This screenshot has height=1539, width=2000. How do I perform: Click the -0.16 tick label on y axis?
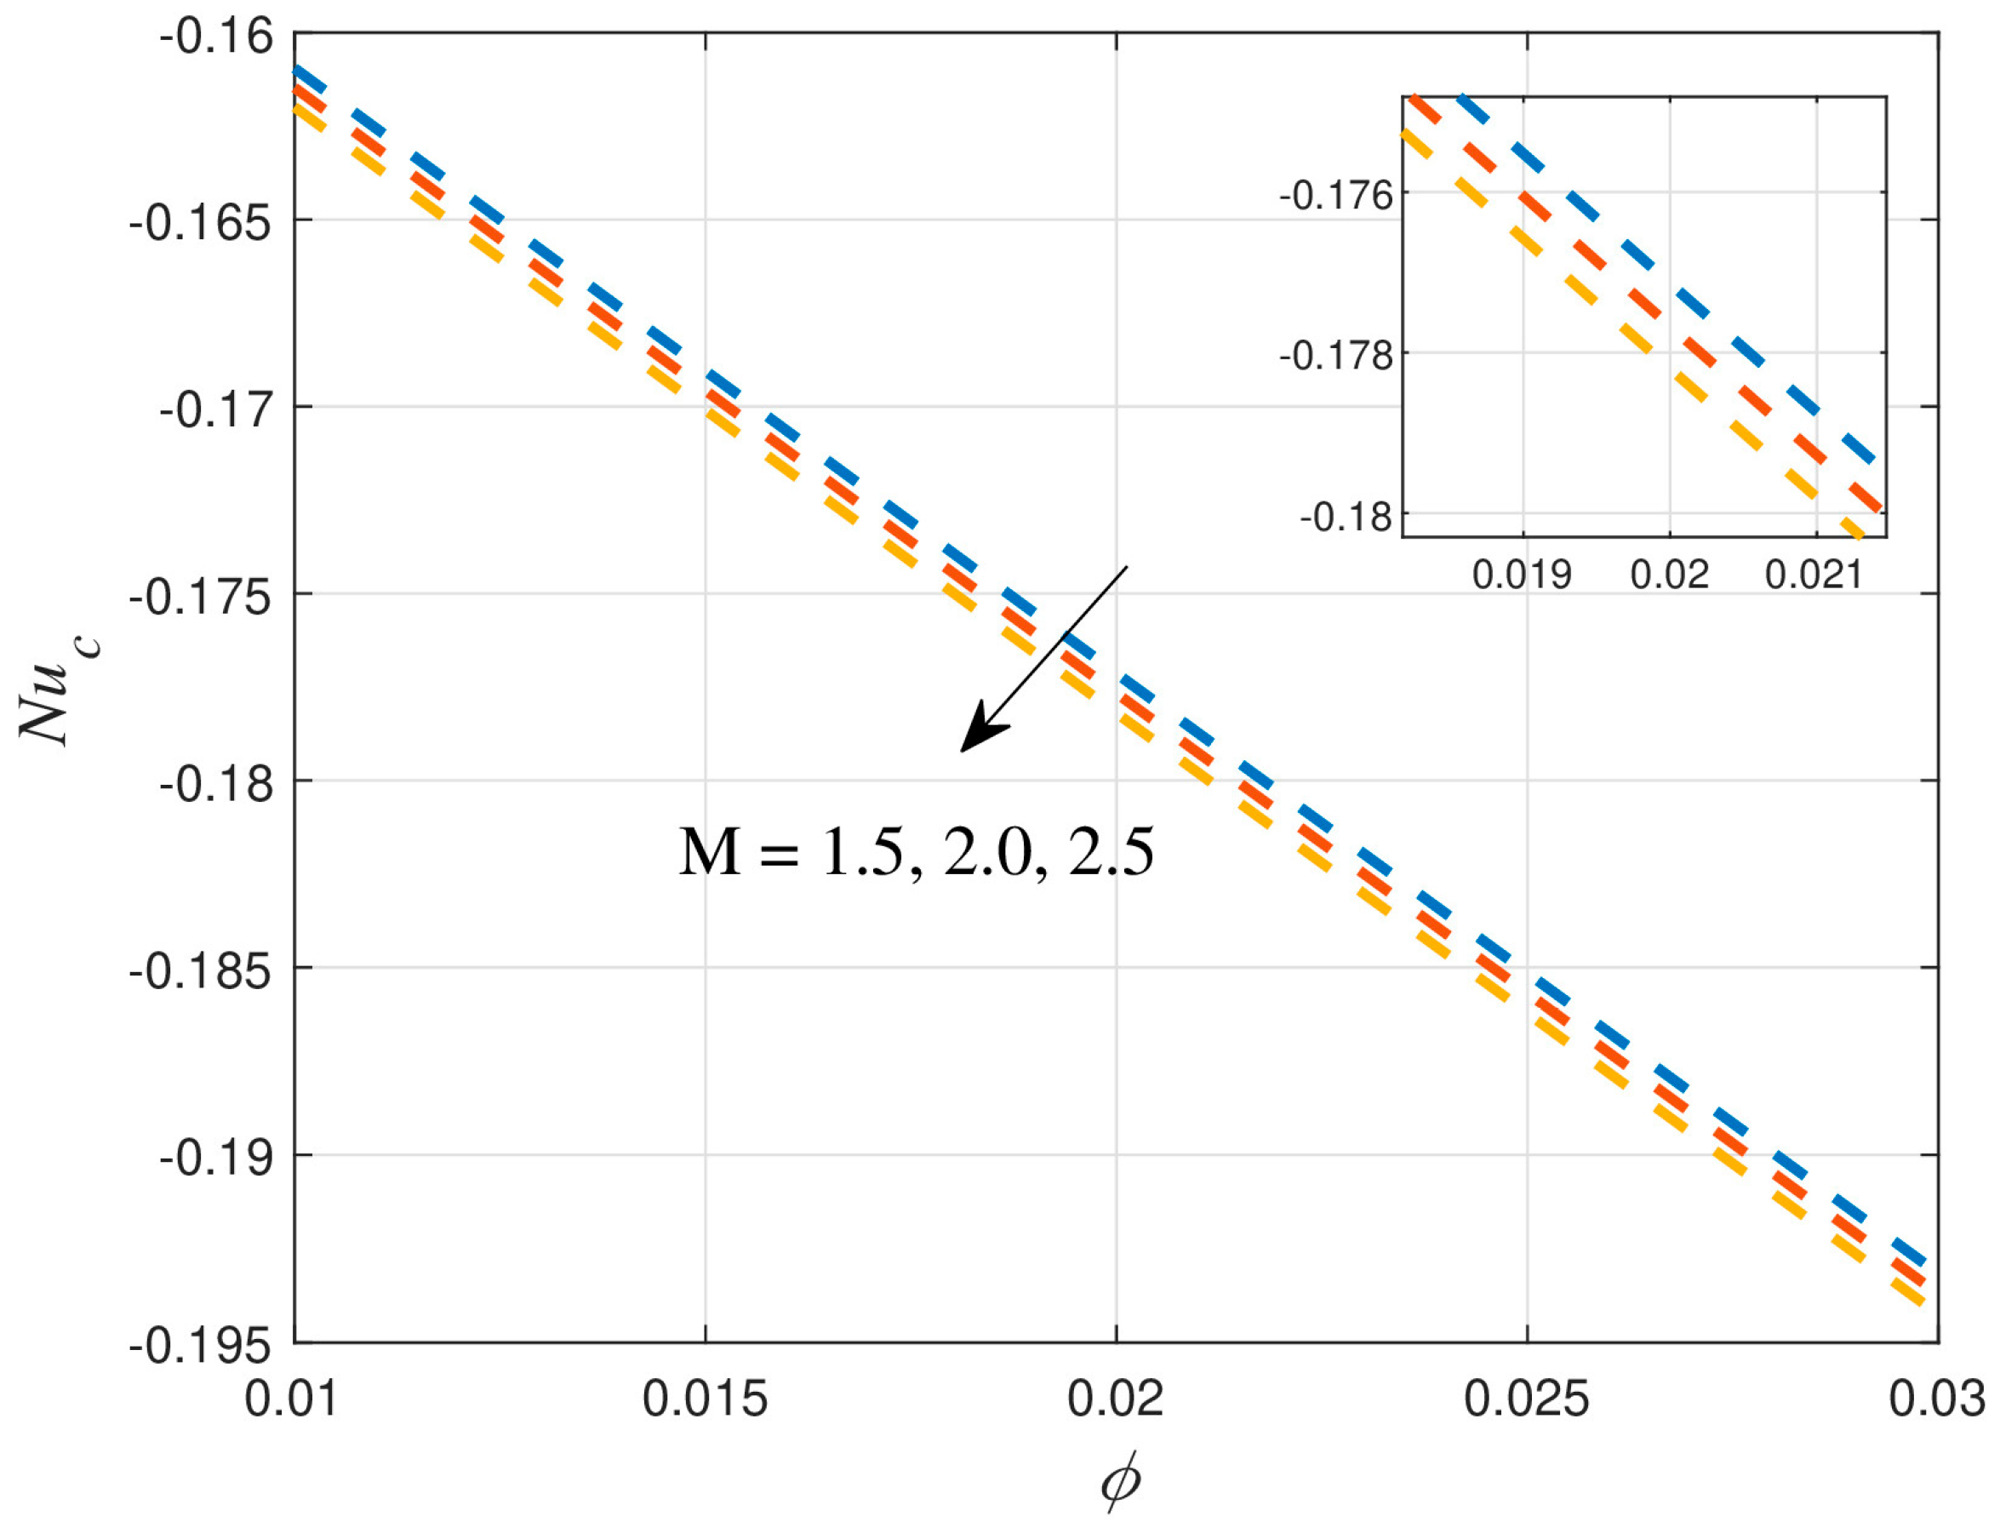[x=217, y=37]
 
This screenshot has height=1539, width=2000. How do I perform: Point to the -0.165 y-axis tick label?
[x=202, y=223]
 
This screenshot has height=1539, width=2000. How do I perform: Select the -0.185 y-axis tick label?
[x=202, y=971]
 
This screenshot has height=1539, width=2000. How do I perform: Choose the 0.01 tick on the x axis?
[x=291, y=1399]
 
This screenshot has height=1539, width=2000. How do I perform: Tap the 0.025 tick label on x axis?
[x=1527, y=1399]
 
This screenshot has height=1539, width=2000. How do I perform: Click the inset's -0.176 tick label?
[x=1336, y=196]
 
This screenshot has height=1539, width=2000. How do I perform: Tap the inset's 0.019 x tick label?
[x=1521, y=575]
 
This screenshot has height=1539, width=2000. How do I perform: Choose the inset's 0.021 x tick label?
[x=1814, y=575]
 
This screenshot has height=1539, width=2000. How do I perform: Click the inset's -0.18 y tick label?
[x=1346, y=518]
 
